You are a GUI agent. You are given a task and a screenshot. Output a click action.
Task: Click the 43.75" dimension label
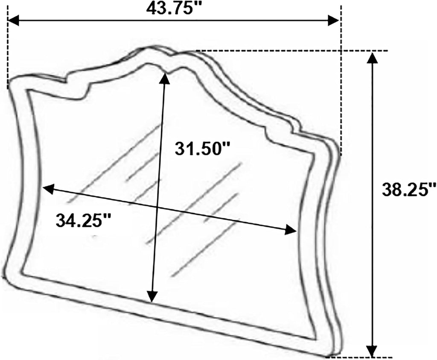click(x=174, y=9)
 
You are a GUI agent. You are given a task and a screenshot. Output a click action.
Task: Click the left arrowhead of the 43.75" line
click(x=14, y=20)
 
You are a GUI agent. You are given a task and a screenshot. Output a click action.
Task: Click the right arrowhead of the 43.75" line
click(x=333, y=20)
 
